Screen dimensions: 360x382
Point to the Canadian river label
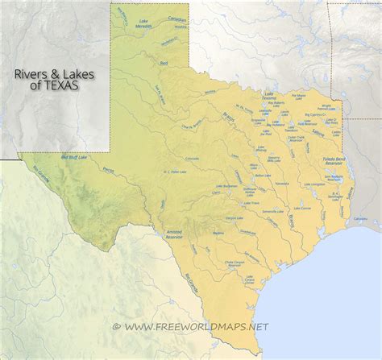coord(177,18)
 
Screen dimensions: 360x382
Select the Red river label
coord(164,62)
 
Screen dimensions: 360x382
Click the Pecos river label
coord(109,169)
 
